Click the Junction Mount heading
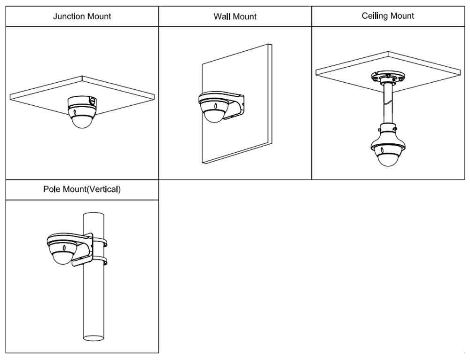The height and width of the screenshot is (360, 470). pos(82,16)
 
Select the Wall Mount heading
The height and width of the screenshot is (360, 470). pos(235,16)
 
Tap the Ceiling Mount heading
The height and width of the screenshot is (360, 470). pos(388,16)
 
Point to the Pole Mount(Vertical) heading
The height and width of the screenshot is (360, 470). pos(82,190)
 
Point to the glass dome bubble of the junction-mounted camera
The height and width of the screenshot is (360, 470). pos(81,120)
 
